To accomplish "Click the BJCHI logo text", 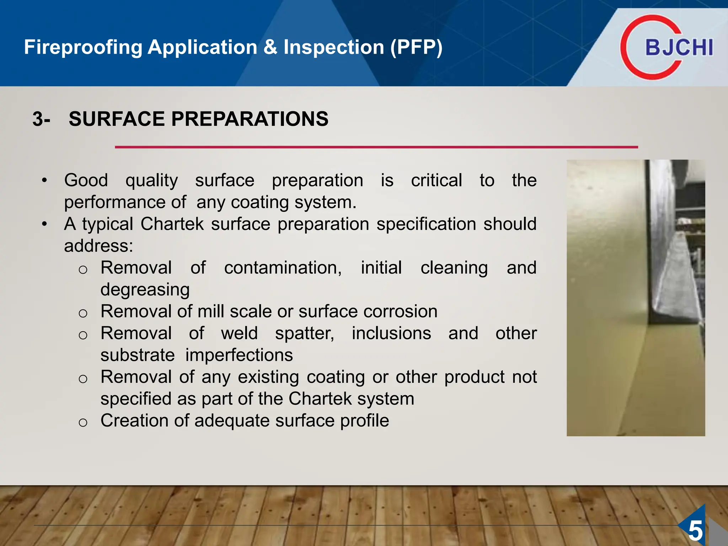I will [x=679, y=48].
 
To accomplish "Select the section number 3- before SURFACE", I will [x=41, y=119].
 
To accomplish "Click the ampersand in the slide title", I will [x=270, y=47].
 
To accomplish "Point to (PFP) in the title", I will [x=416, y=47].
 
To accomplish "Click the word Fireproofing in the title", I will [x=83, y=47].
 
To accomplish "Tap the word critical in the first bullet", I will [x=436, y=180].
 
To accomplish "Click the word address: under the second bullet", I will [x=98, y=246].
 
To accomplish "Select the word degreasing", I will [x=145, y=290].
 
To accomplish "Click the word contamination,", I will [x=283, y=268].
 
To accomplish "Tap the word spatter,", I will [x=305, y=333].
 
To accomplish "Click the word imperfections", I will [x=239, y=355].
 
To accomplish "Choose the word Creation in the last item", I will [x=134, y=421].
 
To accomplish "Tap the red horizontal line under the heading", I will [x=376, y=147].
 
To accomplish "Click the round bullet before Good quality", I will [x=44, y=181].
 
